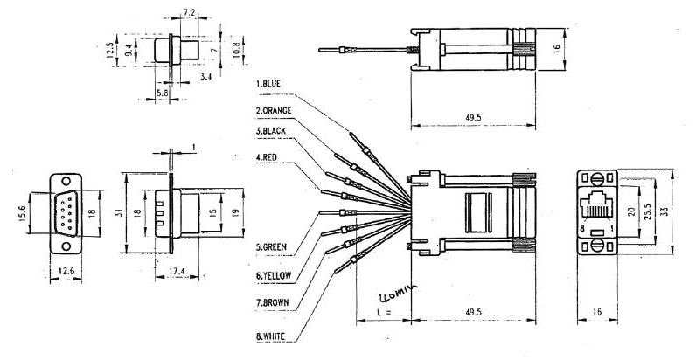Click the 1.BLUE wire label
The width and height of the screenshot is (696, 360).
[268, 83]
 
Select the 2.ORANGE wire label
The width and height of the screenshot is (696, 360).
[274, 111]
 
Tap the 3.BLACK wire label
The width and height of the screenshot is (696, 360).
[271, 131]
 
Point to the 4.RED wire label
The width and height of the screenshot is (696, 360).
[267, 157]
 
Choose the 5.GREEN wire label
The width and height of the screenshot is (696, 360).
[271, 247]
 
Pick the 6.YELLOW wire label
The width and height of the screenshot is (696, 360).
[274, 276]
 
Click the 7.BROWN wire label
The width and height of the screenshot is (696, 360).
[272, 303]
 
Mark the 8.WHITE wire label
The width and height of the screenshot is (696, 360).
[270, 336]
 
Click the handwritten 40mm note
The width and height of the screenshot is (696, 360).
[398, 293]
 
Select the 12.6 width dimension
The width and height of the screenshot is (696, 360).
[66, 271]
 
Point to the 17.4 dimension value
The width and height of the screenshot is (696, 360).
[177, 271]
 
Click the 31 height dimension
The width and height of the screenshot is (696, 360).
[118, 212]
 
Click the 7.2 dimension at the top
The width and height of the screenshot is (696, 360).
[190, 12]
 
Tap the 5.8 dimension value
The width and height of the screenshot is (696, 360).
[162, 93]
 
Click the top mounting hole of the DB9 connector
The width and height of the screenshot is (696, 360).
[66, 181]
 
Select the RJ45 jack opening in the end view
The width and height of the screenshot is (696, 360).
[597, 204]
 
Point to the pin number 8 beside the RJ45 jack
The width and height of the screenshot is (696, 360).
[582, 229]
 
